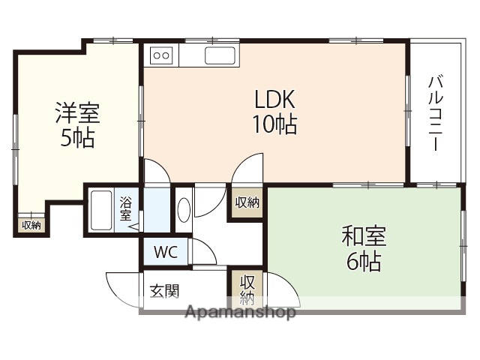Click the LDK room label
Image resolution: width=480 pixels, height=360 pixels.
pos(276,99)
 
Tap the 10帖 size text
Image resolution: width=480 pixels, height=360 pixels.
pos(274,124)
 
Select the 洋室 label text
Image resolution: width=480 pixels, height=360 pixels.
pos(77,114)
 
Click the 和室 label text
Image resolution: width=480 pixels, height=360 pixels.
pos(364,237)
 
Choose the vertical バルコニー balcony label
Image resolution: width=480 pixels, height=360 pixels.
pos(435,112)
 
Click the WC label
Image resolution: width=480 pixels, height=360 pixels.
pos(166,252)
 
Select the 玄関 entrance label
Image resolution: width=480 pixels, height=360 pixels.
pos(164,290)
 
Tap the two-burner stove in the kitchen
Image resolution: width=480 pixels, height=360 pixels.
pos(161,55)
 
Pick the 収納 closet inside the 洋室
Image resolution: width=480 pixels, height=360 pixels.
pos(31,225)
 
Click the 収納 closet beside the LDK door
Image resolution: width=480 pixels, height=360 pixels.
pos(247,202)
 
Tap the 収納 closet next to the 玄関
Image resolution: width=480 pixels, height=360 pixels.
pos(247,289)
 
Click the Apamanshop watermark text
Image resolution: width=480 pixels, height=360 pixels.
pos(241,312)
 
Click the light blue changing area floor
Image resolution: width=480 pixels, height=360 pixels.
pos(157,210)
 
